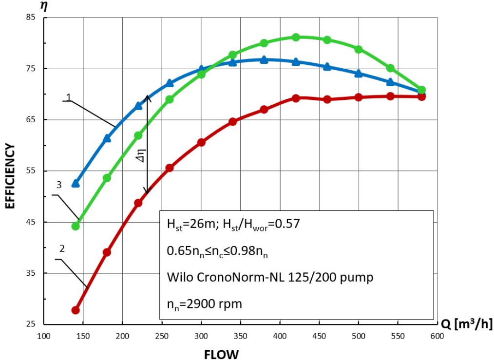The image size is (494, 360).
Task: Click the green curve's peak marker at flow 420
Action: pyautogui.click(x=296, y=38)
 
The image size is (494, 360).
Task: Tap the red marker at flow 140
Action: pyautogui.click(x=76, y=310)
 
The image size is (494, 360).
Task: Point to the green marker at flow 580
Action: pyautogui.click(x=422, y=90)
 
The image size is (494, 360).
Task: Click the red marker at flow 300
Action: pyautogui.click(x=201, y=142)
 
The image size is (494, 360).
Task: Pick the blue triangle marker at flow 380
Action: pyautogui.click(x=264, y=59)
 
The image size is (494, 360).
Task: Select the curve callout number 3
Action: pyautogui.click(x=58, y=185)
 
